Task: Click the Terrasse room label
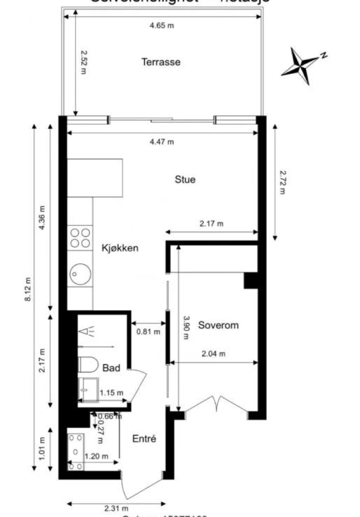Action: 161,62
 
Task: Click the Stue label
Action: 185,180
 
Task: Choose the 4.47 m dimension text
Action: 161,141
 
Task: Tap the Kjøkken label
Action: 120,248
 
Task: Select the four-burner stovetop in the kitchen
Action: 80,237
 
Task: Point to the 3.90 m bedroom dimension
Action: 185,328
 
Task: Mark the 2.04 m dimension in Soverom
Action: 213,354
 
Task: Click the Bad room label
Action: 111,368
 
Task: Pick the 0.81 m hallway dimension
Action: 148,332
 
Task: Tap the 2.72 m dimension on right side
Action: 282,182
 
